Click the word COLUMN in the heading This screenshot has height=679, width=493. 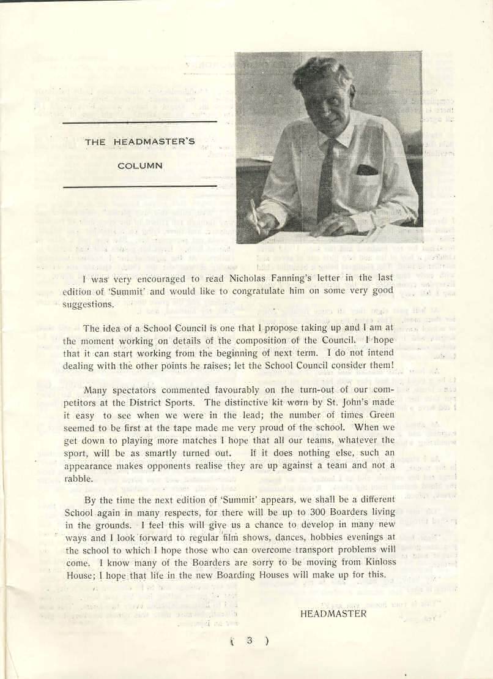coord(140,165)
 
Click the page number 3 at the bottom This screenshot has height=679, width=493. coord(250,641)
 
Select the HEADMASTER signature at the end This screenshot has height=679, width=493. coord(333,613)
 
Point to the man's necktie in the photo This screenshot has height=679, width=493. coord(327,178)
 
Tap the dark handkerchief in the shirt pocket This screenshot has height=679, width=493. coord(367,170)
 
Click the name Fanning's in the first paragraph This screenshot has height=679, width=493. coord(285,278)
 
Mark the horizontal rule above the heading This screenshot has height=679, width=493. coord(140,122)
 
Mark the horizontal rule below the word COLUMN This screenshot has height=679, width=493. coord(140,186)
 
